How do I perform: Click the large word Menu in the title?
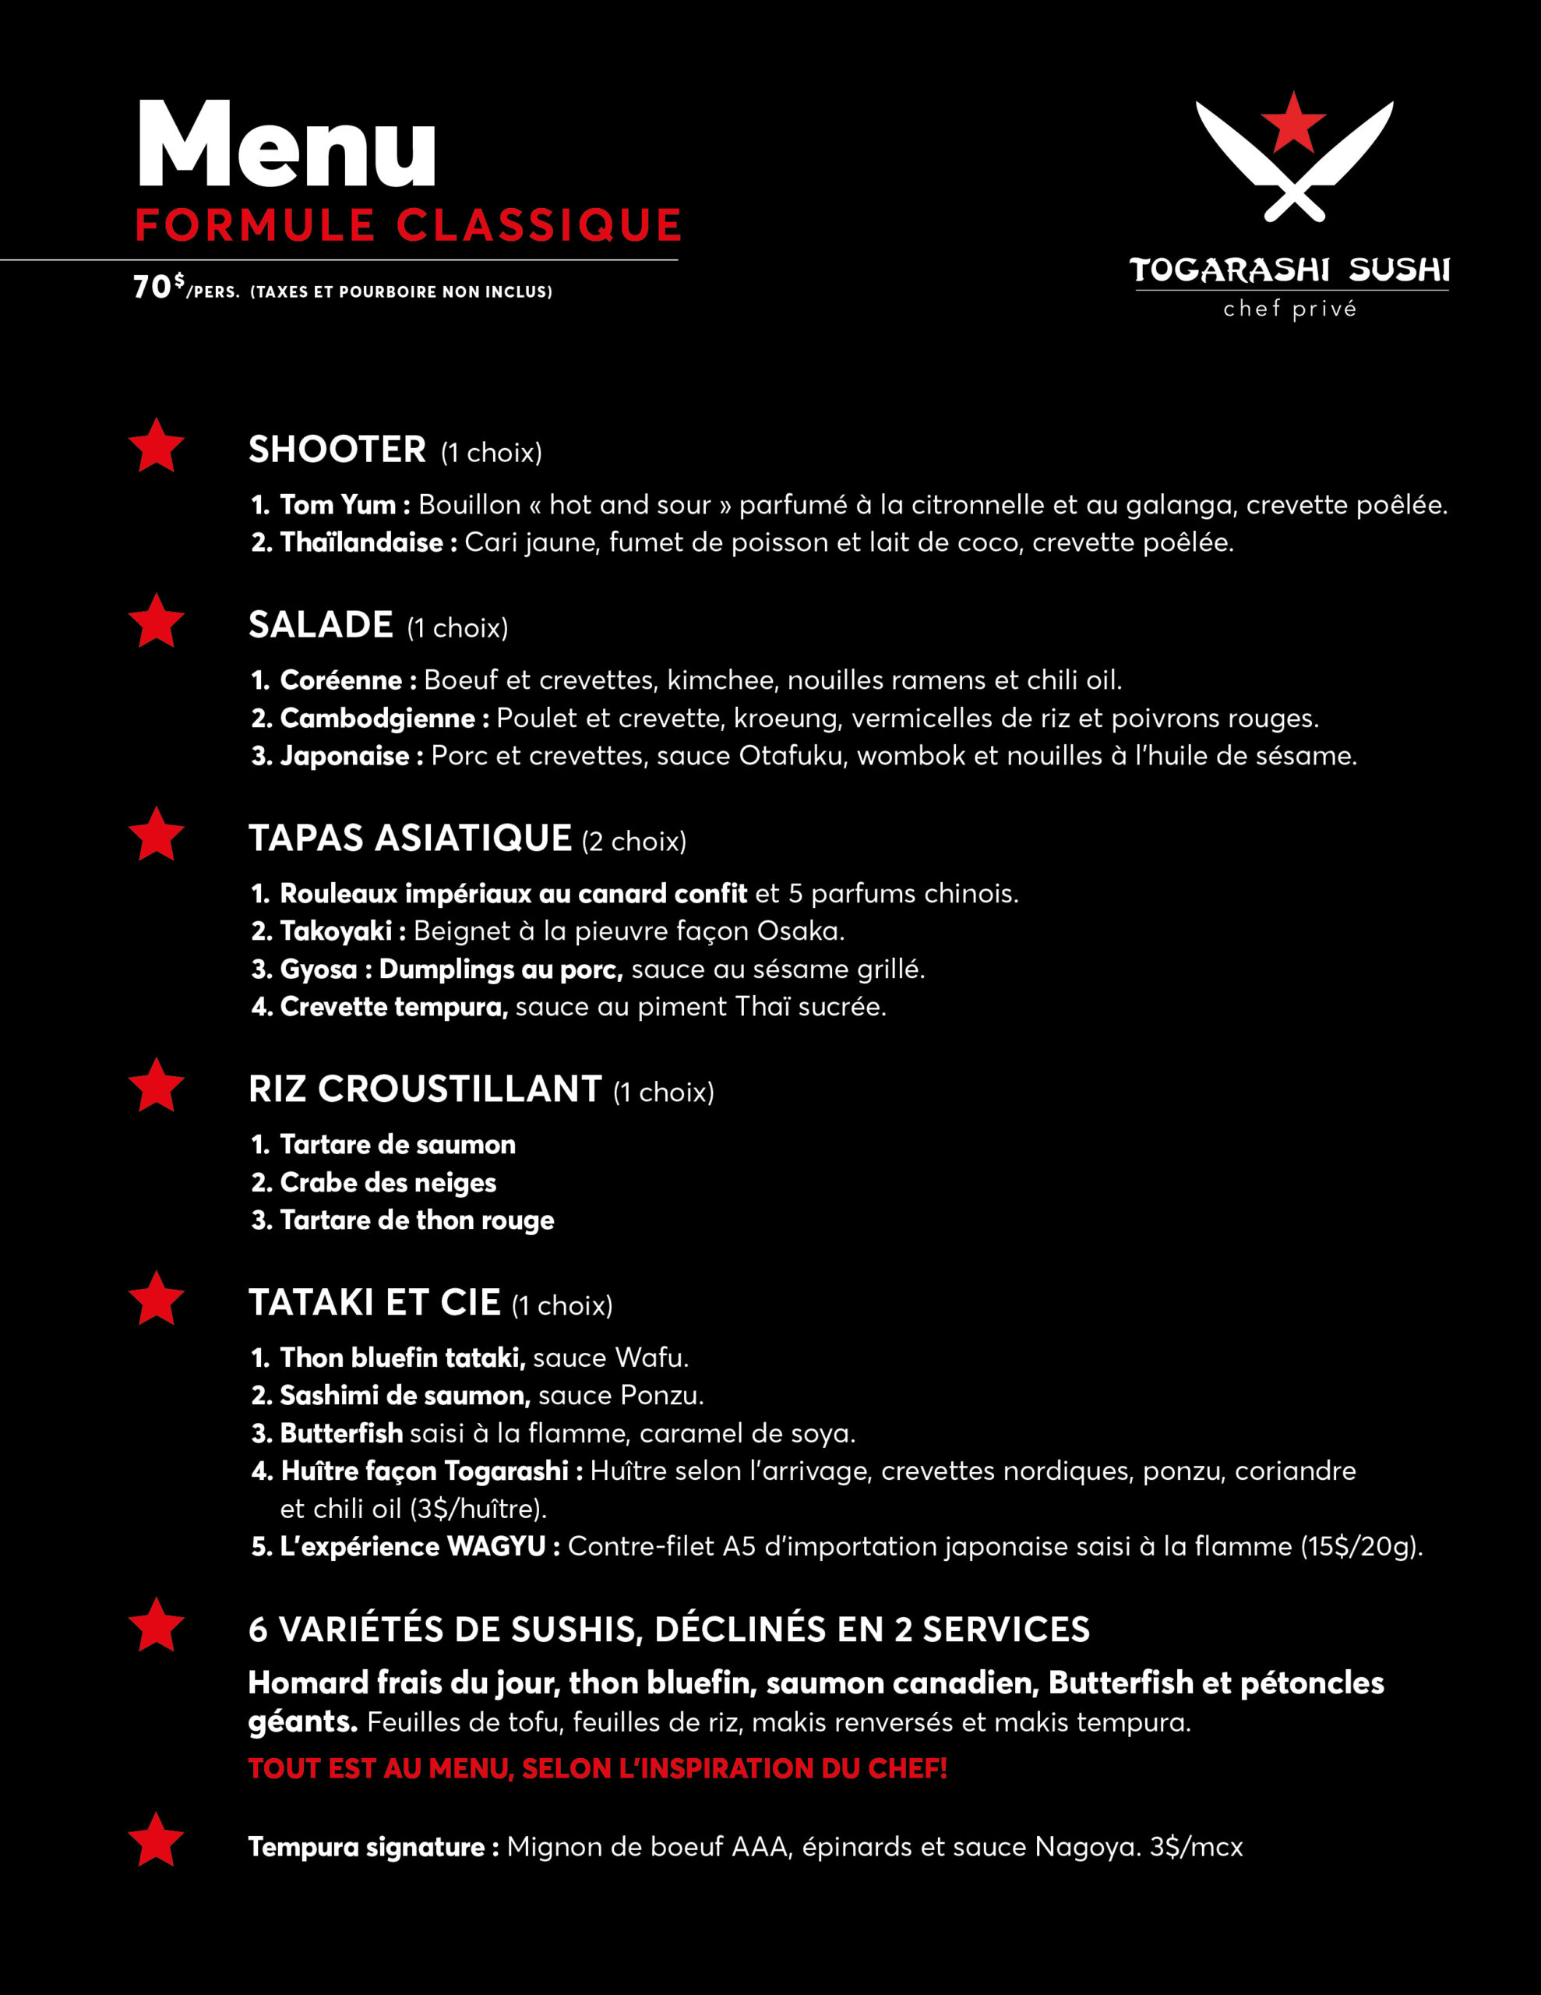(286, 147)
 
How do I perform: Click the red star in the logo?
(1292, 122)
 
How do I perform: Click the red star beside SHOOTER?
(156, 446)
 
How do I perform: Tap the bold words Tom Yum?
(337, 504)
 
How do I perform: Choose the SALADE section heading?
(321, 625)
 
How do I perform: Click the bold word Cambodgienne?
(377, 718)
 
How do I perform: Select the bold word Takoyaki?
(335, 930)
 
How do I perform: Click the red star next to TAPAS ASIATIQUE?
(156, 834)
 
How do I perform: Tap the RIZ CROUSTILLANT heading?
(425, 1089)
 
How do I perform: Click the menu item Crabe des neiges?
(387, 1182)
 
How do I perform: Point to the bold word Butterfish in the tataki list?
(340, 1433)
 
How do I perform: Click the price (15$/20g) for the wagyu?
(1361, 1546)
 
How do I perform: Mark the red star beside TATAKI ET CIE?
(156, 1298)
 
